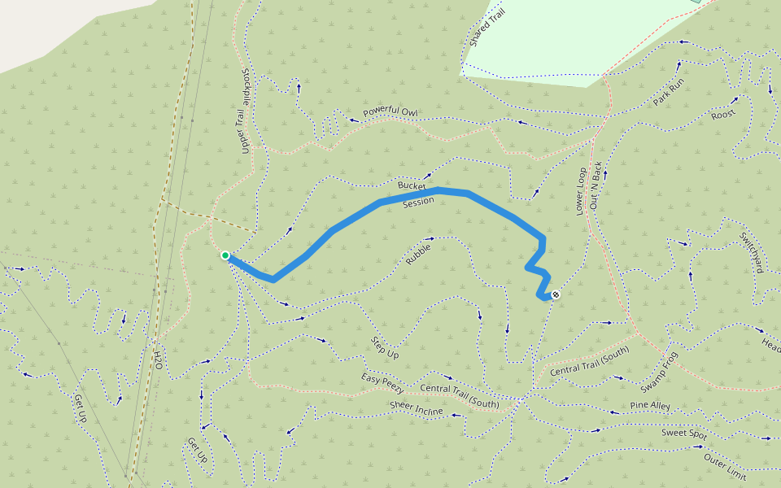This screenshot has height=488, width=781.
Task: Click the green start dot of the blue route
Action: pos(225,255)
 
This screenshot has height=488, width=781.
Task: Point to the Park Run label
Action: pos(670,94)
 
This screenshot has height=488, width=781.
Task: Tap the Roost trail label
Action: pos(722,114)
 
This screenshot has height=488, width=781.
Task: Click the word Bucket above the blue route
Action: pos(412,186)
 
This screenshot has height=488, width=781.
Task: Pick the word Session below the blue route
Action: pos(418,203)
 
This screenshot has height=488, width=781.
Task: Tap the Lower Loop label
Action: pos(580,191)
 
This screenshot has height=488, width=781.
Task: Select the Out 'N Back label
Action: pos(596,186)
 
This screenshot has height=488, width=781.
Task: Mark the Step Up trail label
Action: pos(385,347)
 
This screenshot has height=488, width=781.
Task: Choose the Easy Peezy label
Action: pos(383,384)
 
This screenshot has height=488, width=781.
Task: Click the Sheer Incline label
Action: pos(416,407)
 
